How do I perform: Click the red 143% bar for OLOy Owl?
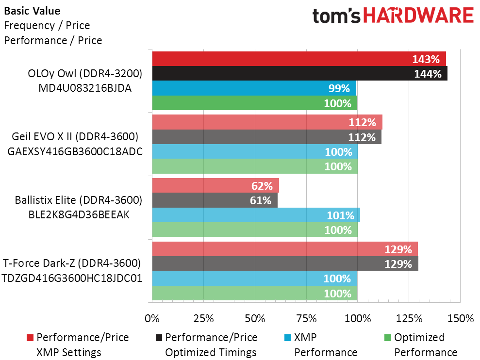click(x=299, y=59)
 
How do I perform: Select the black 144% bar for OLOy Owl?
click(x=300, y=74)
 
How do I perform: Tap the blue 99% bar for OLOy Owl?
click(x=254, y=88)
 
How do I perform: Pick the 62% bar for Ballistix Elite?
click(x=215, y=185)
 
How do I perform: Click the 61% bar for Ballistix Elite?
click(x=215, y=200)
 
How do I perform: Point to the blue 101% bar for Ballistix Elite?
click(x=256, y=215)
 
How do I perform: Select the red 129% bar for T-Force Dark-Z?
click(x=285, y=249)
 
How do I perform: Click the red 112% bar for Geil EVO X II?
click(x=267, y=122)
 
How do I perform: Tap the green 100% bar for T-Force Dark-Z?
click(x=255, y=293)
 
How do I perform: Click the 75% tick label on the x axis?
click(x=306, y=319)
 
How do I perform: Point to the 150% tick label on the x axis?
click(x=460, y=319)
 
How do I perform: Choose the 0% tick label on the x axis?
click(x=152, y=319)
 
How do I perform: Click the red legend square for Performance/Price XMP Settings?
click(x=30, y=338)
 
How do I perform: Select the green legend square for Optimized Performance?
click(x=387, y=338)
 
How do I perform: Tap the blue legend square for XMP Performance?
click(x=288, y=338)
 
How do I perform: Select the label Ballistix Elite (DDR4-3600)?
click(x=78, y=200)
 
